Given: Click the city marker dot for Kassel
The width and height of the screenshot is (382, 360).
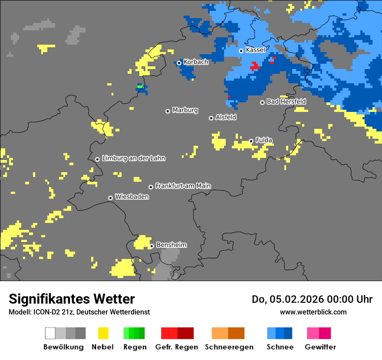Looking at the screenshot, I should (241, 51).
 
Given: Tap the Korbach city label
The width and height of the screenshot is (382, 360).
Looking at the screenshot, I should (196, 62).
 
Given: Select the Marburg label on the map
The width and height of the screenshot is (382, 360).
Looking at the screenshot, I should (185, 110).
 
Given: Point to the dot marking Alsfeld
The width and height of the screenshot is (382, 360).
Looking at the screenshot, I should (211, 118).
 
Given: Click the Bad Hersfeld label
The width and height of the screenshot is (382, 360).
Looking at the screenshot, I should (286, 101).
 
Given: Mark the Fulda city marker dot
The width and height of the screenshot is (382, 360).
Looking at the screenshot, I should (251, 141).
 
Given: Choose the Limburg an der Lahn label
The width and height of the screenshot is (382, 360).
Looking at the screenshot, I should (133, 158).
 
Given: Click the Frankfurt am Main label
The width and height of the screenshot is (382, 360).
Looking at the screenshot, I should (183, 186).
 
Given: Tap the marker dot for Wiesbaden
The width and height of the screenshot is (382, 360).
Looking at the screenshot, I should (111, 198).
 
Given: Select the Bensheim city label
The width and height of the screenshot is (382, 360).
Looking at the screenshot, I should (171, 245).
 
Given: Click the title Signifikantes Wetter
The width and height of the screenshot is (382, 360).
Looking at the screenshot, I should (72, 299).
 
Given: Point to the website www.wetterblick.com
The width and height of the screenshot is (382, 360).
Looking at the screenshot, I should (313, 312).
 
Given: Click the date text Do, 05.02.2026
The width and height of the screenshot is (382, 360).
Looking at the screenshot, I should (287, 299).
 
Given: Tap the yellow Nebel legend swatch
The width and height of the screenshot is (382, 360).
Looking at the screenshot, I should (103, 333).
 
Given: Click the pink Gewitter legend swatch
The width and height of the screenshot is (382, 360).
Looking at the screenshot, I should (313, 333).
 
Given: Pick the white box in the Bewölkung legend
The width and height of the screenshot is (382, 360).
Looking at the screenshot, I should (50, 333).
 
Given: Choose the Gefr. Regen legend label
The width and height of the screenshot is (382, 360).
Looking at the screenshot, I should (177, 347).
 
